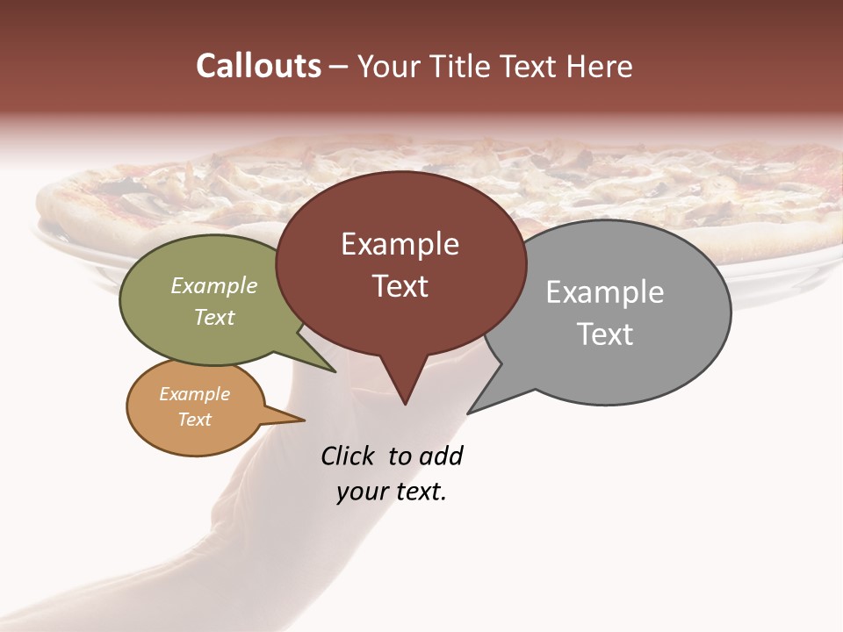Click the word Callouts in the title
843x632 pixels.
pyautogui.click(x=258, y=66)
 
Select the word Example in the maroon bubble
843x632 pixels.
pyautogui.click(x=400, y=244)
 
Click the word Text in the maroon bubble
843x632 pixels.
pyautogui.click(x=400, y=286)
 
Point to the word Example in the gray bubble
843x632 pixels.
pyautogui.click(x=605, y=292)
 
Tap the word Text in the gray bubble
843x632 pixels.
pyautogui.click(x=605, y=334)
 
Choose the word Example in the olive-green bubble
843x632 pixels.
pyautogui.click(x=214, y=285)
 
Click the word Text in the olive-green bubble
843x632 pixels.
pyautogui.click(x=214, y=317)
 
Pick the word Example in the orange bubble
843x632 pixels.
pyautogui.click(x=195, y=394)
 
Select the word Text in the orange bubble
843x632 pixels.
pyautogui.click(x=195, y=420)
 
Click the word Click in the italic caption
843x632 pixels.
pyautogui.click(x=347, y=456)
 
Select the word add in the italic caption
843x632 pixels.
pyautogui.click(x=441, y=456)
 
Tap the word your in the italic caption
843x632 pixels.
pyautogui.click(x=361, y=492)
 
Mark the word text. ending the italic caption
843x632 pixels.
pyautogui.click(x=418, y=492)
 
